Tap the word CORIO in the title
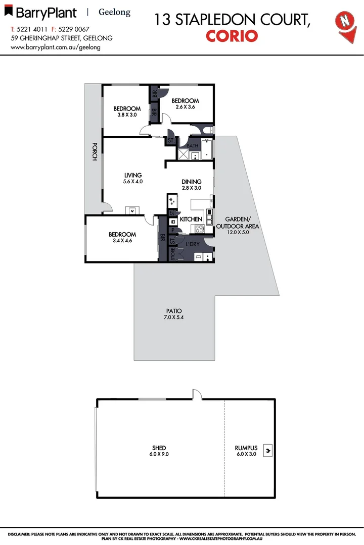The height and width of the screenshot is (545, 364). [232, 36]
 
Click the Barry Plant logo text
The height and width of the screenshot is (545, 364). [45, 13]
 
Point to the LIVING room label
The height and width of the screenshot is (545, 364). [133, 175]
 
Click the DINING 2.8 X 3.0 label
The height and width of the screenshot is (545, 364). [192, 185]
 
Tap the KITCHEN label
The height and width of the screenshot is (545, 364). [191, 219]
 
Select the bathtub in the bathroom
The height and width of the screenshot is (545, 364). [207, 149]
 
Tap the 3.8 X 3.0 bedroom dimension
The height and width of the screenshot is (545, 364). [127, 115]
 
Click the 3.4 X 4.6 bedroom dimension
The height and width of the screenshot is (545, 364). [122, 241]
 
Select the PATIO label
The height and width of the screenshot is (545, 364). [173, 311]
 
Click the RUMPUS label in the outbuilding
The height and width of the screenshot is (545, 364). [246, 448]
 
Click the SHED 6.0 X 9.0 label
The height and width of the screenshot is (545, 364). [159, 451]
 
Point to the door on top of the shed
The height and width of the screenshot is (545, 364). [196, 394]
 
